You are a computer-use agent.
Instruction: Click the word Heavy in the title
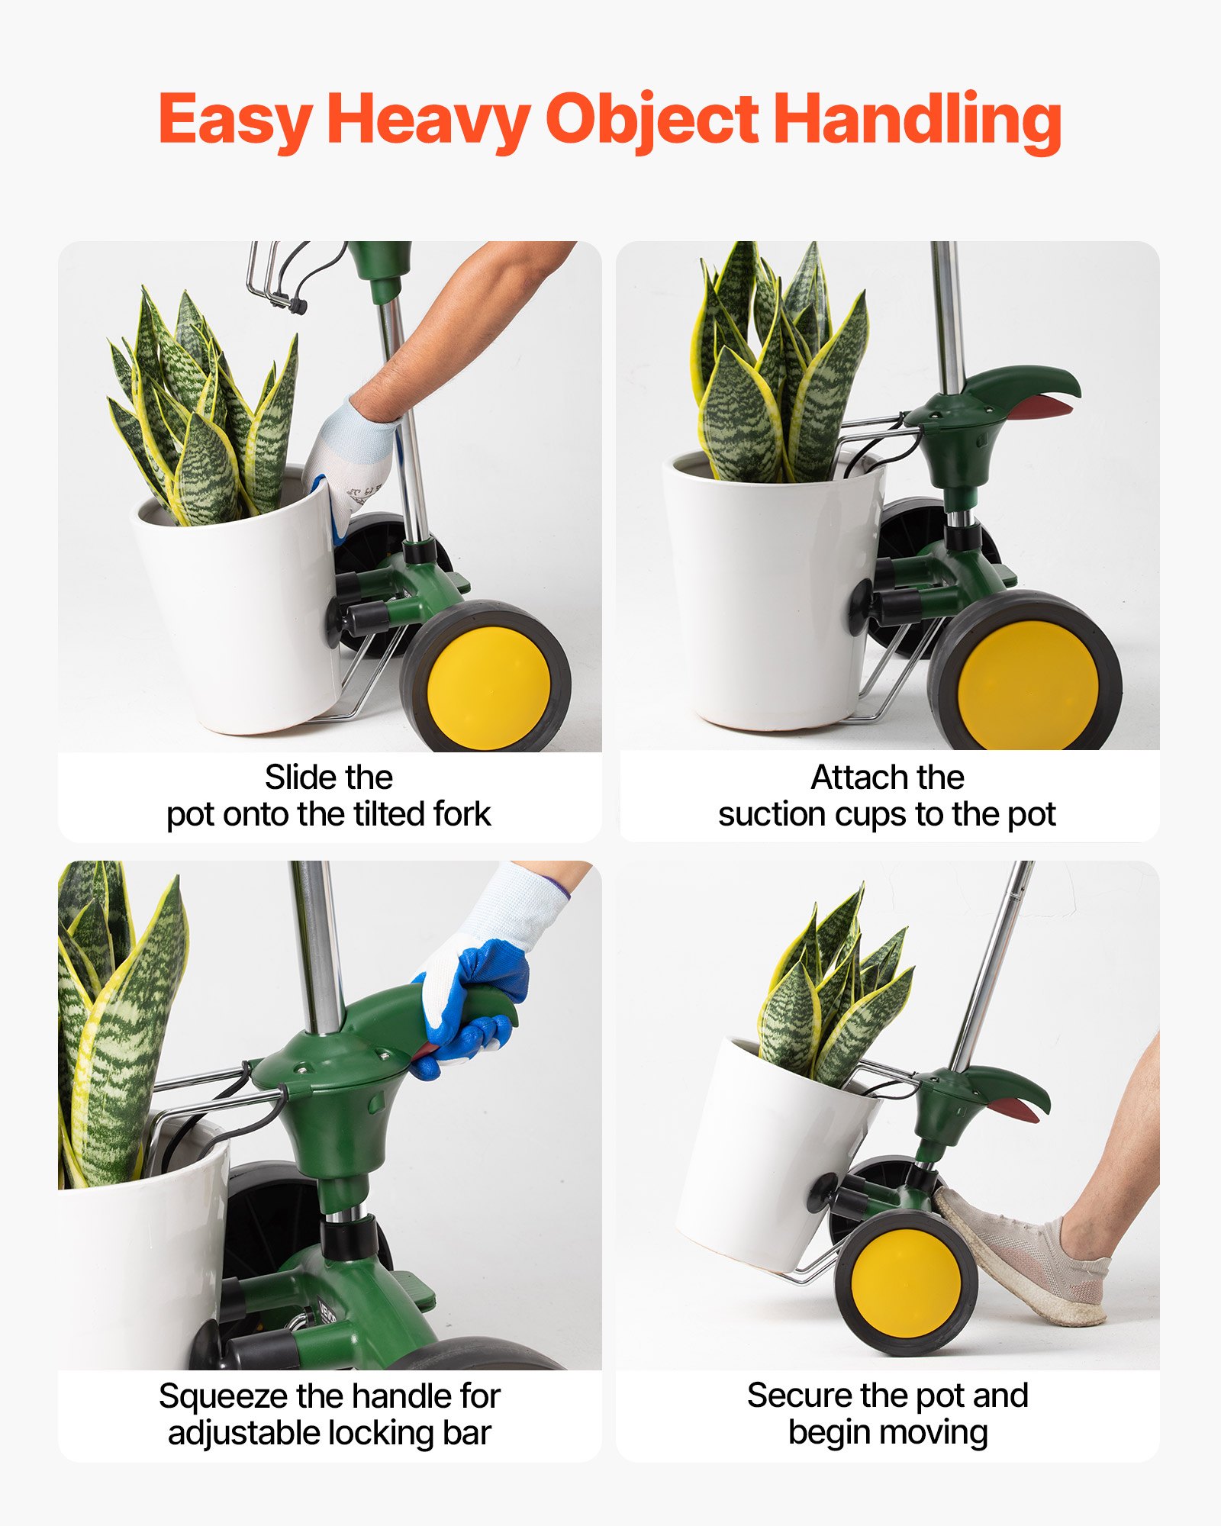point(427,121)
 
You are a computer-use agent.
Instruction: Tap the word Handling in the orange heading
point(917,121)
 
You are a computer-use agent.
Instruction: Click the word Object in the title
point(651,121)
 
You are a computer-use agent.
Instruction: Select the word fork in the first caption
point(462,814)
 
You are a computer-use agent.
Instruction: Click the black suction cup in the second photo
point(861,607)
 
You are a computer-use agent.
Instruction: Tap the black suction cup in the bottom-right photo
point(823,1191)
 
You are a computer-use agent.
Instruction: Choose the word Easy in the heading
point(234,121)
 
